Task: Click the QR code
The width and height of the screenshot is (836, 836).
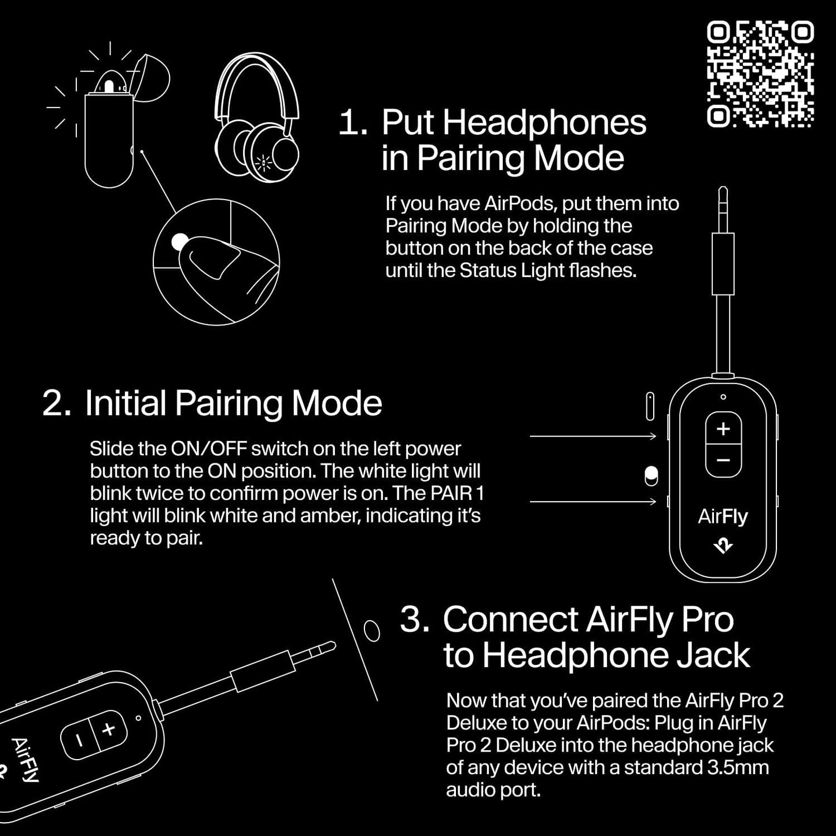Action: pyautogui.click(x=760, y=73)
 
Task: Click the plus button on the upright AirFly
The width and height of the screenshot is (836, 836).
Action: pyautogui.click(x=723, y=429)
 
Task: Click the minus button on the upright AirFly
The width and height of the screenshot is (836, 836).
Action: pyautogui.click(x=723, y=461)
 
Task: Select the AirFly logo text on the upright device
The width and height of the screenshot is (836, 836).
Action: pyautogui.click(x=723, y=516)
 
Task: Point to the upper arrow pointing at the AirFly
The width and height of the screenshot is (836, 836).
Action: pyautogui.click(x=593, y=436)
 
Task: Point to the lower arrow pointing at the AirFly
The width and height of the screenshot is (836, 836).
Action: pyautogui.click(x=593, y=502)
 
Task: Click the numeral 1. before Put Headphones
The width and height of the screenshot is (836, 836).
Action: pyautogui.click(x=352, y=123)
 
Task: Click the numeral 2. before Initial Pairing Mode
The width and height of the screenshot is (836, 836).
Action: pyautogui.click(x=57, y=403)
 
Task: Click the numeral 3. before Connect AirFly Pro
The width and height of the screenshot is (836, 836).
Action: pyautogui.click(x=414, y=619)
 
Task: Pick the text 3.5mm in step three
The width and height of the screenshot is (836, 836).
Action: pyautogui.click(x=738, y=768)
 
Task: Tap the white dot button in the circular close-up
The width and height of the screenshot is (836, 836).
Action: pyautogui.click(x=180, y=242)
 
